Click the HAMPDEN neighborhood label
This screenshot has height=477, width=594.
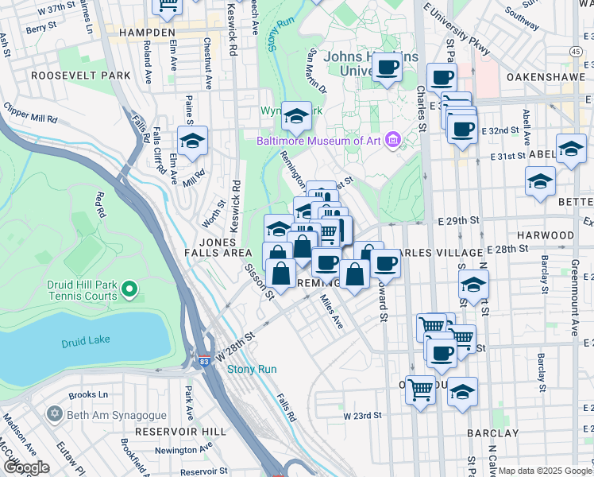147,33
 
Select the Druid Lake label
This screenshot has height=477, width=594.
86,343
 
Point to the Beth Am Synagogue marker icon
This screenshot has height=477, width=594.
55,414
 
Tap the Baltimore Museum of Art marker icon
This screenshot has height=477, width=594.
391,142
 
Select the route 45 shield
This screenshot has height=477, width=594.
575,51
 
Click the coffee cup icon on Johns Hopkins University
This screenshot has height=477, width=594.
388,68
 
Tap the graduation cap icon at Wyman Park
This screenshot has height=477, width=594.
296,117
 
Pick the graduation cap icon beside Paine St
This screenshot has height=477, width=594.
192,140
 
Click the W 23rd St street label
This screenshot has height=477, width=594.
362,416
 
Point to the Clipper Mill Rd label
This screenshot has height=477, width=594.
30,112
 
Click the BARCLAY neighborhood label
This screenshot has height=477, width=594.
493,434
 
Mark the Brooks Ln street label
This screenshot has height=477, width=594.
88,394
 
